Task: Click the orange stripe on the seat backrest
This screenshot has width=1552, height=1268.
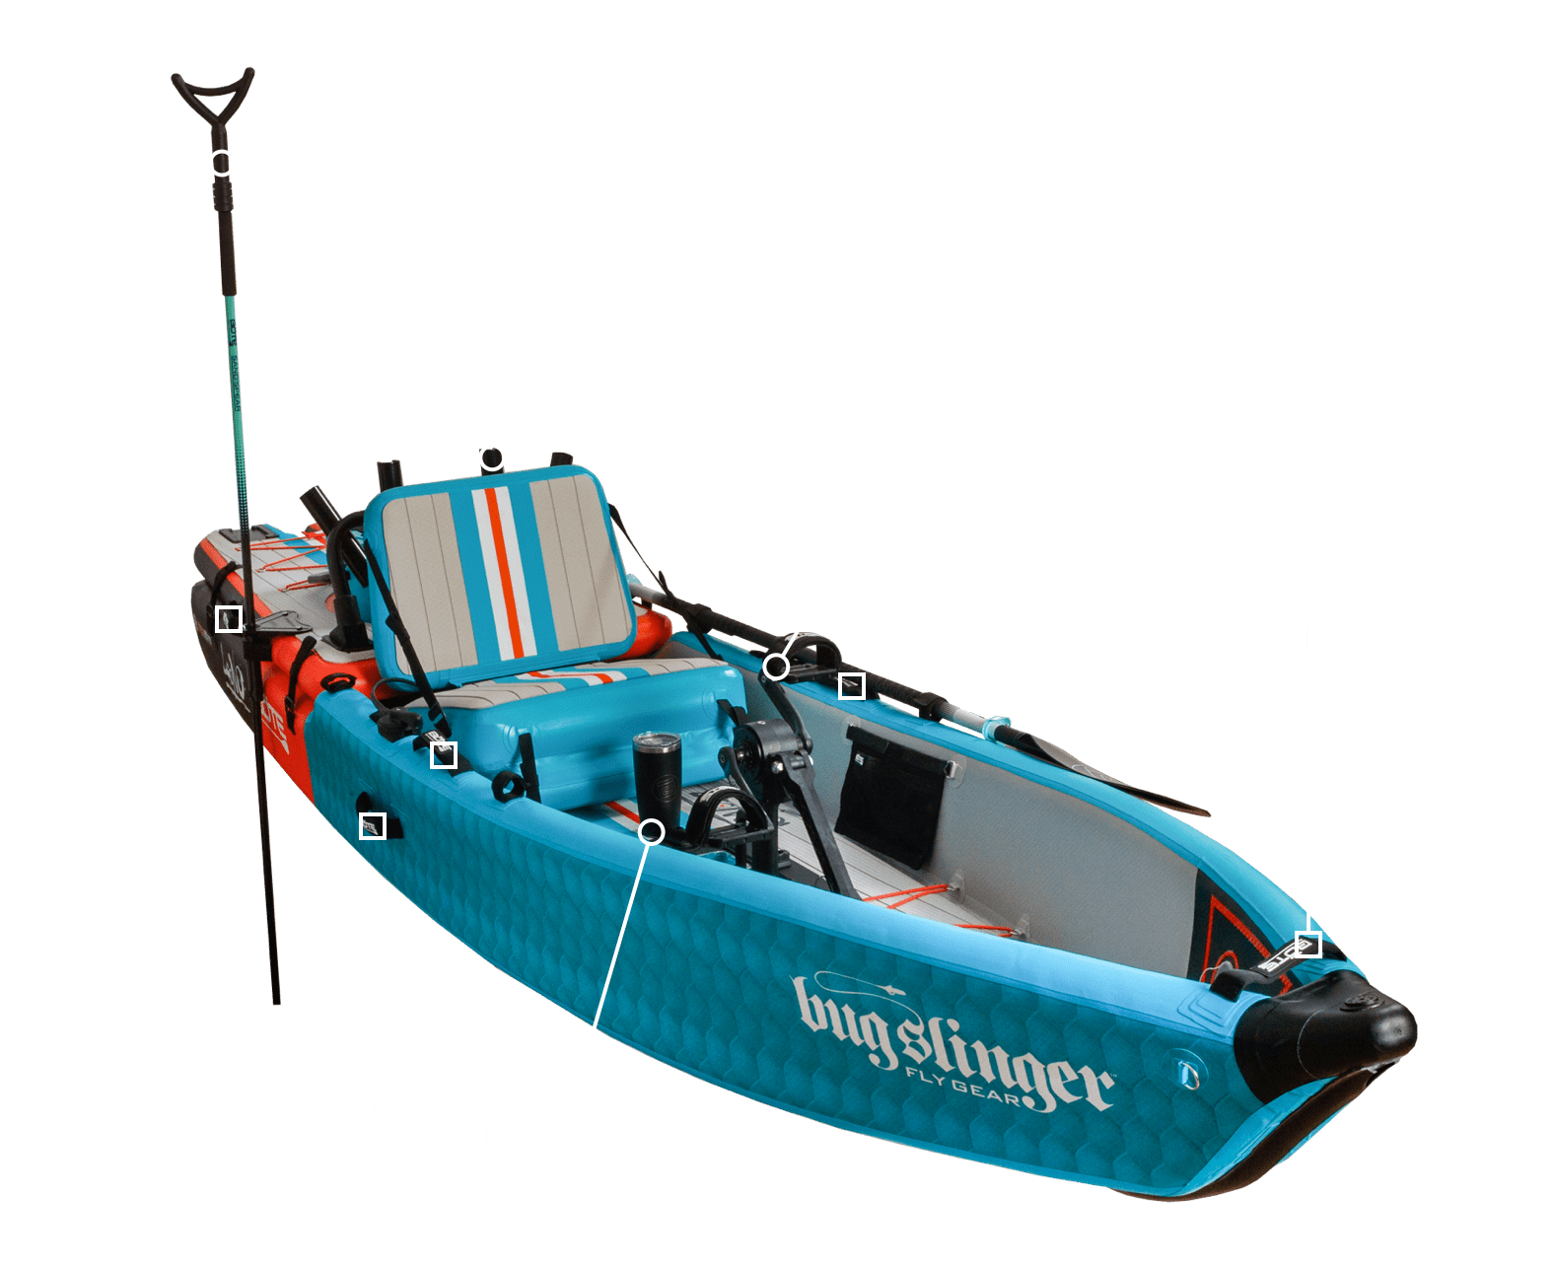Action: [501, 572]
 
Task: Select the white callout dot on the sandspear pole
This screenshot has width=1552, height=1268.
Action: [223, 163]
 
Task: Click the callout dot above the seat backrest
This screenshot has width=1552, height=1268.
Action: [492, 458]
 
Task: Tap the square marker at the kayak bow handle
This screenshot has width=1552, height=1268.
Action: [1307, 943]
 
